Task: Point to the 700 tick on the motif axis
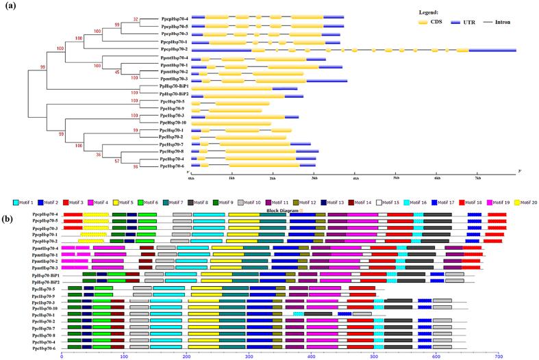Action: point(499,356)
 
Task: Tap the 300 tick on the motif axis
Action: point(249,356)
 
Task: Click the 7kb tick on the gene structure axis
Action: point(479,177)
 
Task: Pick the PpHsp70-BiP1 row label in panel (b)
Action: point(47,274)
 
